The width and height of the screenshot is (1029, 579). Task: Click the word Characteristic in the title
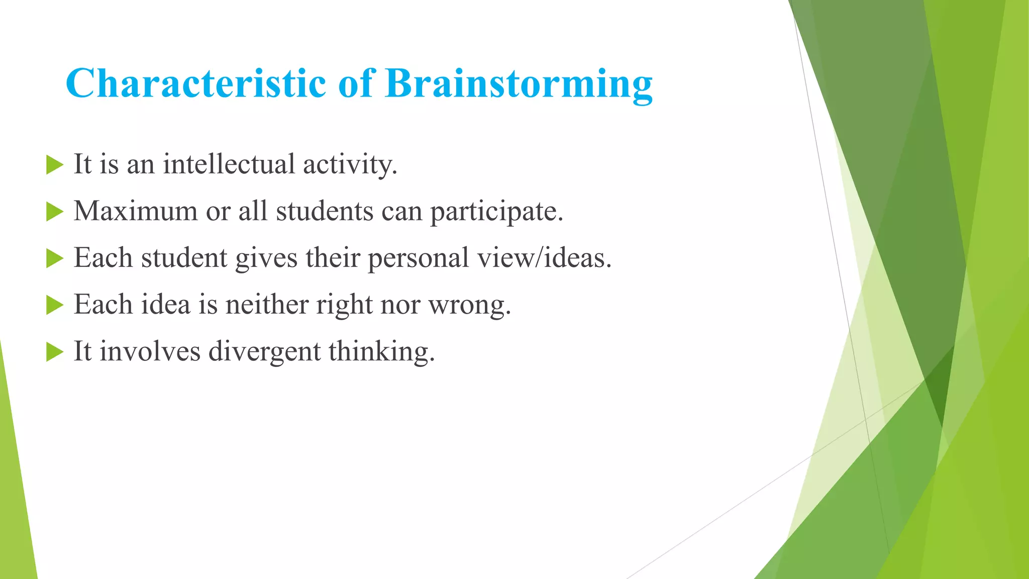[x=196, y=83]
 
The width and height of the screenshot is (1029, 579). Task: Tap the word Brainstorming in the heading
[x=519, y=84]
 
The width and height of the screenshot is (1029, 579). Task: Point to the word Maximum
[x=135, y=211]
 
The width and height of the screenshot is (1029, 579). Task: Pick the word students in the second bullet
[x=325, y=211]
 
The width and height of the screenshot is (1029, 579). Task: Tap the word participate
[x=496, y=212]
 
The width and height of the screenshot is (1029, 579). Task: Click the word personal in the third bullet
[x=419, y=258]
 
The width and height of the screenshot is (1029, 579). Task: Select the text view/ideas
[x=544, y=258]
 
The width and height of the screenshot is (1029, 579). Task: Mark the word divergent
[x=264, y=351]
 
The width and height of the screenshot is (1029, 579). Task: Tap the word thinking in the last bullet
[x=381, y=351]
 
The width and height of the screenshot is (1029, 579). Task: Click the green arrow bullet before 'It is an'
[x=54, y=165]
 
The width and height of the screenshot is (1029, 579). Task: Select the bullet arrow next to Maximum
[x=54, y=212]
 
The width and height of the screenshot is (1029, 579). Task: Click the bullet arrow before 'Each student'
[x=54, y=258]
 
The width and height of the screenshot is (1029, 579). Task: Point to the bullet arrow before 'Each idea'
[x=54, y=305]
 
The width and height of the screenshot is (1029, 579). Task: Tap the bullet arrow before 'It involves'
[x=54, y=352]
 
